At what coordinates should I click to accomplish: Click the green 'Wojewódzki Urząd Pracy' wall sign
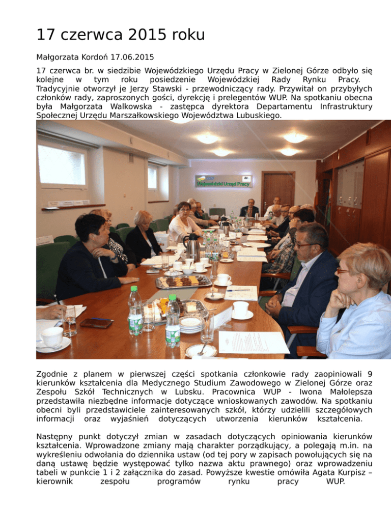[x=223, y=181]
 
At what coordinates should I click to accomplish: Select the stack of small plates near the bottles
[x=191, y=323]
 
